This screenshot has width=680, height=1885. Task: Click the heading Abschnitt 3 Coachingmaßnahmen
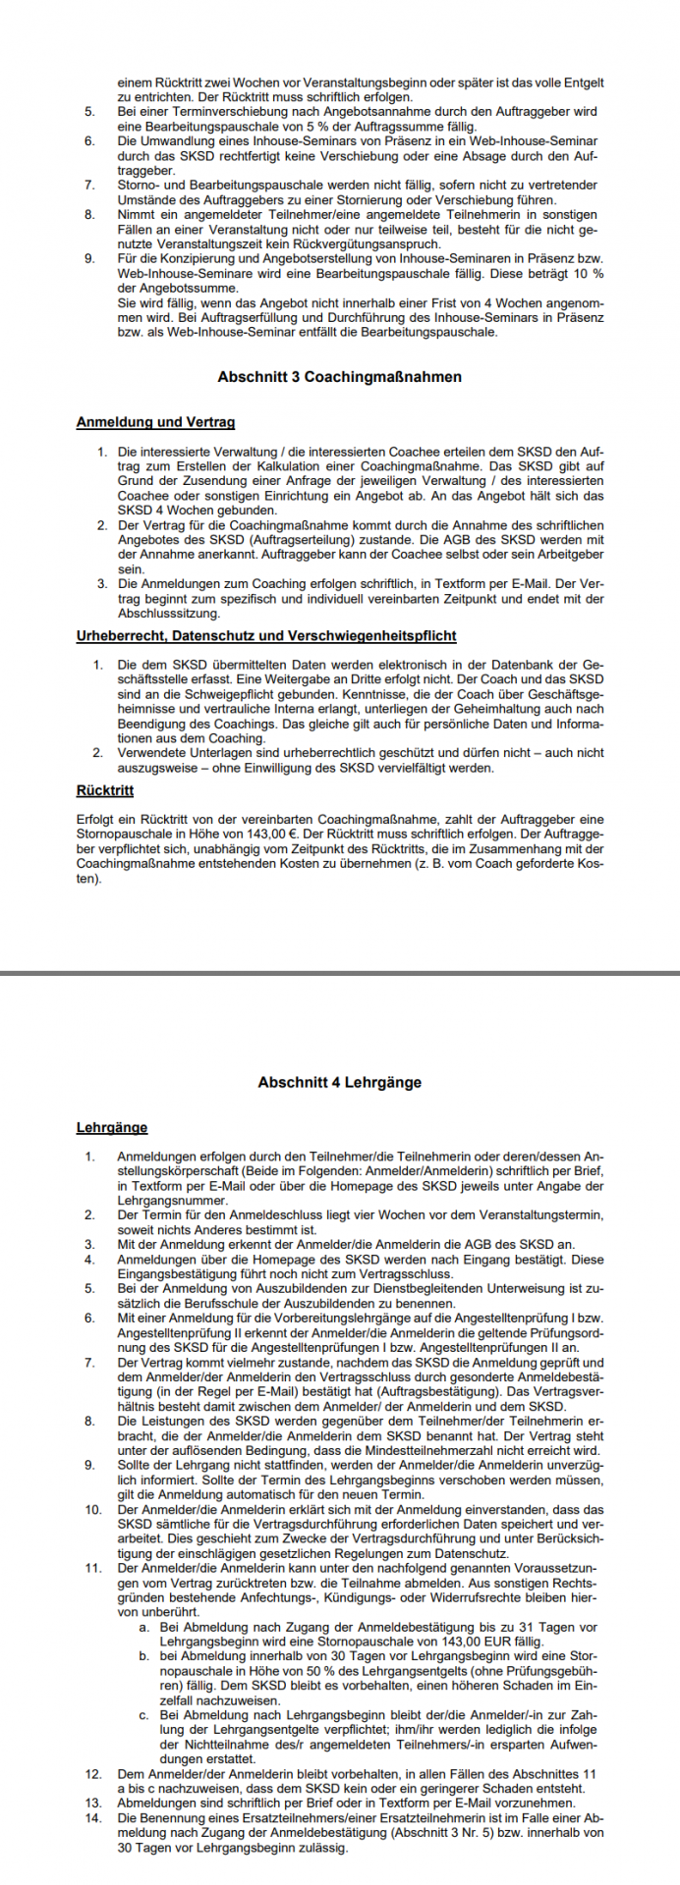340,377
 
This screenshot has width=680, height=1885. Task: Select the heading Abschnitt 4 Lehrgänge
340,1082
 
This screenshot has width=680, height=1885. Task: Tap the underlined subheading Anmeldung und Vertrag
155,422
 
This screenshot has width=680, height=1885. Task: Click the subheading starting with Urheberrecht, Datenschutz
266,636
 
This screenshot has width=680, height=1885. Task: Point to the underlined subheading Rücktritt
105,790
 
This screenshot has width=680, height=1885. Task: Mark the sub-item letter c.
144,1715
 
